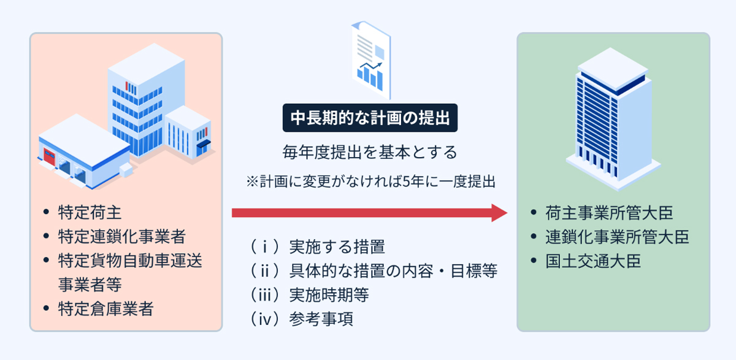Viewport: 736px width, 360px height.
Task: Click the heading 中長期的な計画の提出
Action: pos(370,117)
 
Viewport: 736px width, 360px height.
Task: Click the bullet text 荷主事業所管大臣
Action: pos(609,212)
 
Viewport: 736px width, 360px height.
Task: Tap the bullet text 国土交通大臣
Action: pos(593,261)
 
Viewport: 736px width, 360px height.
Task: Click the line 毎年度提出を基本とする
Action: pos(370,151)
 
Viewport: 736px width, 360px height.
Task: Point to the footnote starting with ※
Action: pos(370,182)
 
